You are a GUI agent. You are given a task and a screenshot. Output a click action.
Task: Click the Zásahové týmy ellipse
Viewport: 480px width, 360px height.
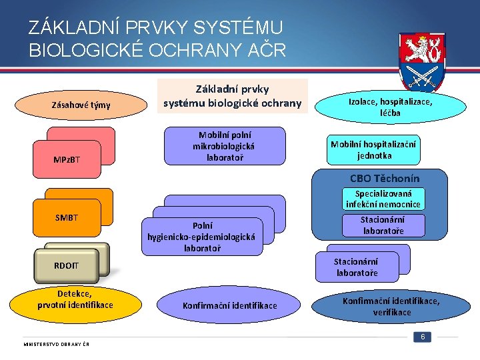point(81,105)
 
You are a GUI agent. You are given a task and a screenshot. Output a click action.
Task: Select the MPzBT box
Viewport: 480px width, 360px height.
point(66,159)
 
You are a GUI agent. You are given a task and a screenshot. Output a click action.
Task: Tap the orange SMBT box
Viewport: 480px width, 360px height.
point(66,218)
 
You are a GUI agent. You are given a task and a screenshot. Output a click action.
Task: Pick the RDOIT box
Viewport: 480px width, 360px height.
point(66,266)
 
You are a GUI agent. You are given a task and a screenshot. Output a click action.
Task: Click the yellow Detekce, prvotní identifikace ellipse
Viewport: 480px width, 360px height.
point(75,299)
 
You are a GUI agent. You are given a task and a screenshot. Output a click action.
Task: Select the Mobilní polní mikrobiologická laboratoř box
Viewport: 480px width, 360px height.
point(224,146)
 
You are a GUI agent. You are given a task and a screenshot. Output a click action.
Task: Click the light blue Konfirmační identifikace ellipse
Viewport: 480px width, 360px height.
point(229,305)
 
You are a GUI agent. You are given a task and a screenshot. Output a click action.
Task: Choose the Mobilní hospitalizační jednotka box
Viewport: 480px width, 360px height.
point(374,150)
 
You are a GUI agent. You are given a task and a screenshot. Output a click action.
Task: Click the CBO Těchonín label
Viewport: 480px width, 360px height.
point(385,178)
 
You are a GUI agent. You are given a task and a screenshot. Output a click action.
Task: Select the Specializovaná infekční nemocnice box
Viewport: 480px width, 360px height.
point(383,199)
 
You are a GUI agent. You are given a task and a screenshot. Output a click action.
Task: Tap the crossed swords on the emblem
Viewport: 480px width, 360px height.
point(422,76)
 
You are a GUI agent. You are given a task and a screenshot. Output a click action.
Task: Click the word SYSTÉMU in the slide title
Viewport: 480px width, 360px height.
point(239,28)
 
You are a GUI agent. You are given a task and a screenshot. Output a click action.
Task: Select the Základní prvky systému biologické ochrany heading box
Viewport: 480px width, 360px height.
point(233,96)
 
